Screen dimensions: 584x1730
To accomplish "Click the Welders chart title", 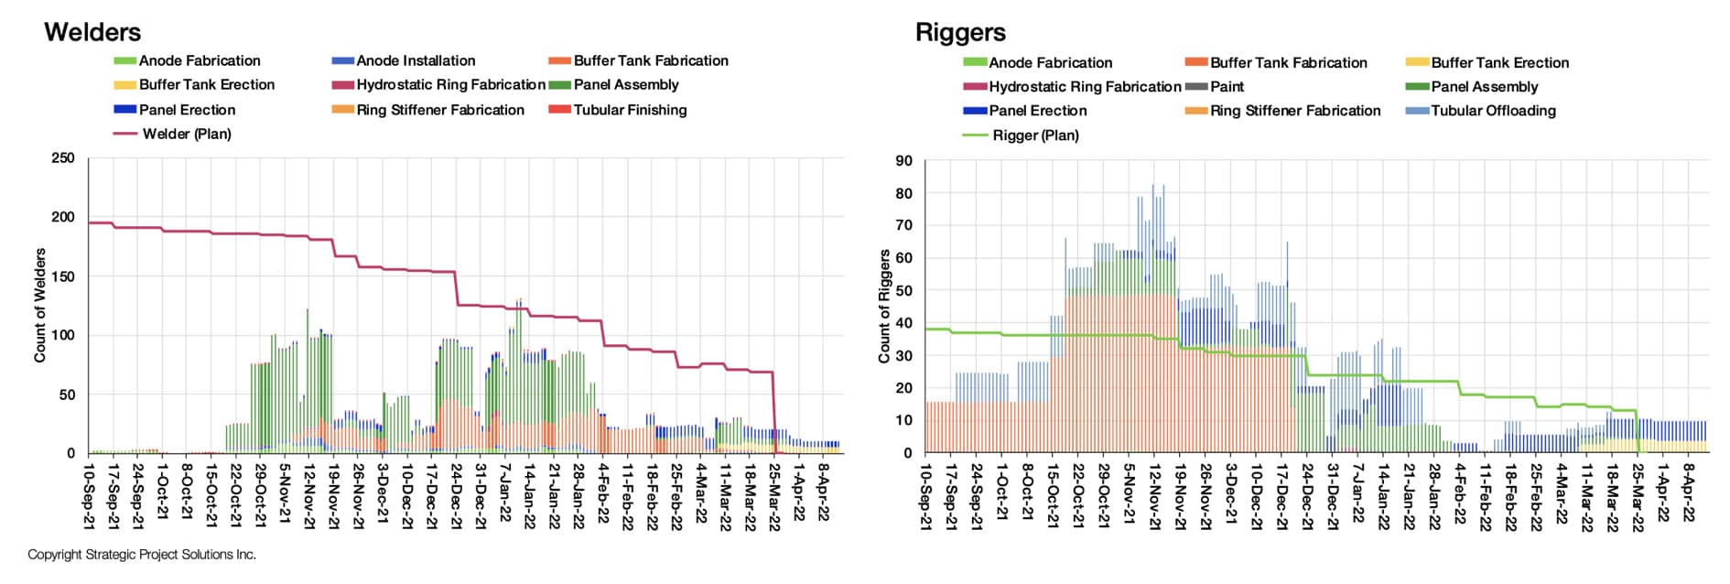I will pos(92,32).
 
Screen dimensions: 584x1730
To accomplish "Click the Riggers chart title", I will pos(960,33).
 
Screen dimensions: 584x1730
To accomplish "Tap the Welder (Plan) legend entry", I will pos(187,134).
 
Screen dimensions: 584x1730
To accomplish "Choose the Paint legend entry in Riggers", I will pos(1227,87).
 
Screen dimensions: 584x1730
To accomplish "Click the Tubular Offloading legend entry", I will pos(1493,111).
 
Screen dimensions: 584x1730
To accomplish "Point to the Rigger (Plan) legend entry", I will pos(1035,135).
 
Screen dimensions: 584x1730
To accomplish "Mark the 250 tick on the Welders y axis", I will pos(63,158).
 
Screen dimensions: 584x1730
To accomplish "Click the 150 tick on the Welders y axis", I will pos(63,276).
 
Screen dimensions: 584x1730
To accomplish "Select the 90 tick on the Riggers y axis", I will pos(903,161).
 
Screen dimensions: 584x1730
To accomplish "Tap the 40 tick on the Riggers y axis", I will pos(903,323).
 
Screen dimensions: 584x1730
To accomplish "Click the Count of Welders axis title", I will pos(40,305).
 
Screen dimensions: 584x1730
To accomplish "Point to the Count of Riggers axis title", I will pos(884,306).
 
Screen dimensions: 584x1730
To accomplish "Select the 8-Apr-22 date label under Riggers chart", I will pos(1690,492).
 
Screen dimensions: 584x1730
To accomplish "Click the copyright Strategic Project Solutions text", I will pos(142,555).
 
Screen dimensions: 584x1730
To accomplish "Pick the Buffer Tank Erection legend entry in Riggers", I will pos(1499,63).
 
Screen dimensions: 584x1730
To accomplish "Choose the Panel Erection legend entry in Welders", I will pos(187,110).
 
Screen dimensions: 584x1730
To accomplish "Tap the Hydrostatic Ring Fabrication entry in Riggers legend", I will pos(1085,87).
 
